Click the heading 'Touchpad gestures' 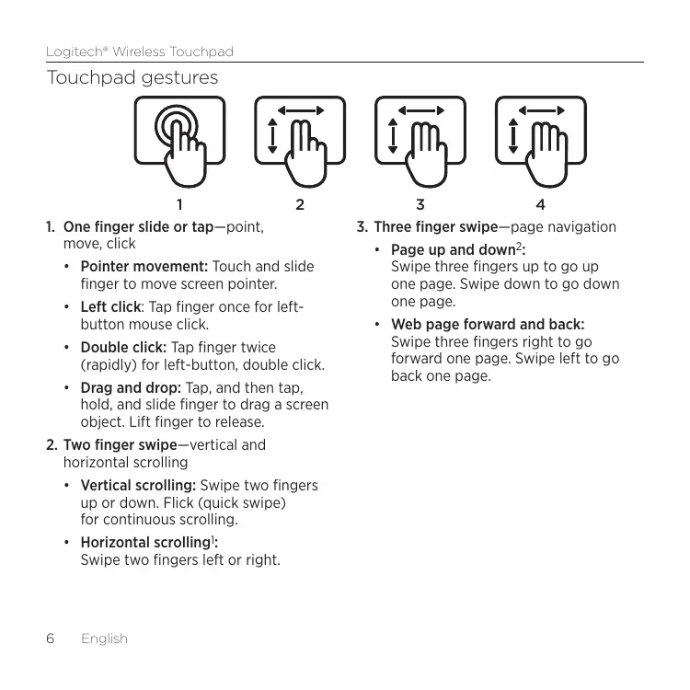pos(132,77)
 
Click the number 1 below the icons pos(179,202)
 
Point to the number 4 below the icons pos(541,202)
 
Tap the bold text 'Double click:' pos(123,347)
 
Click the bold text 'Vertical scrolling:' pos(138,485)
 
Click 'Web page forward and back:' pos(488,324)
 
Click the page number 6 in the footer pos(52,638)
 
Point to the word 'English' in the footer pos(104,638)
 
